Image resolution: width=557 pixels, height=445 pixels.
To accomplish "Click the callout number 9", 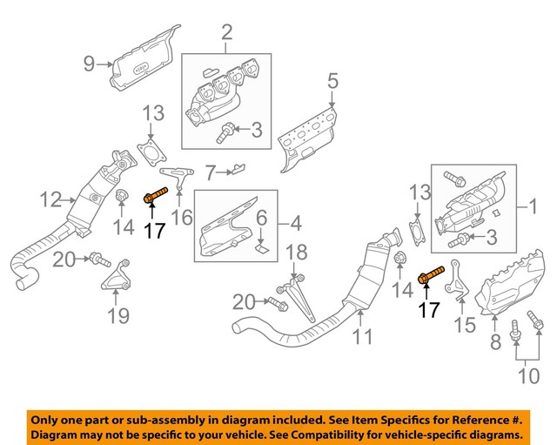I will tap(89, 63).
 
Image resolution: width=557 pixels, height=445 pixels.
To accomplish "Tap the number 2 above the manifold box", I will tap(227, 34).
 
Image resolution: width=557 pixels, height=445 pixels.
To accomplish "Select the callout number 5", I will tap(332, 82).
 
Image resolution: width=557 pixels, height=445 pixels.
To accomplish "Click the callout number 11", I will tap(364, 334).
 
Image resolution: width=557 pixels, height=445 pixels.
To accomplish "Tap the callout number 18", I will tap(297, 253).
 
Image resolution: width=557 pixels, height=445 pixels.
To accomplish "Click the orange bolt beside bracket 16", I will tap(153, 199).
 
